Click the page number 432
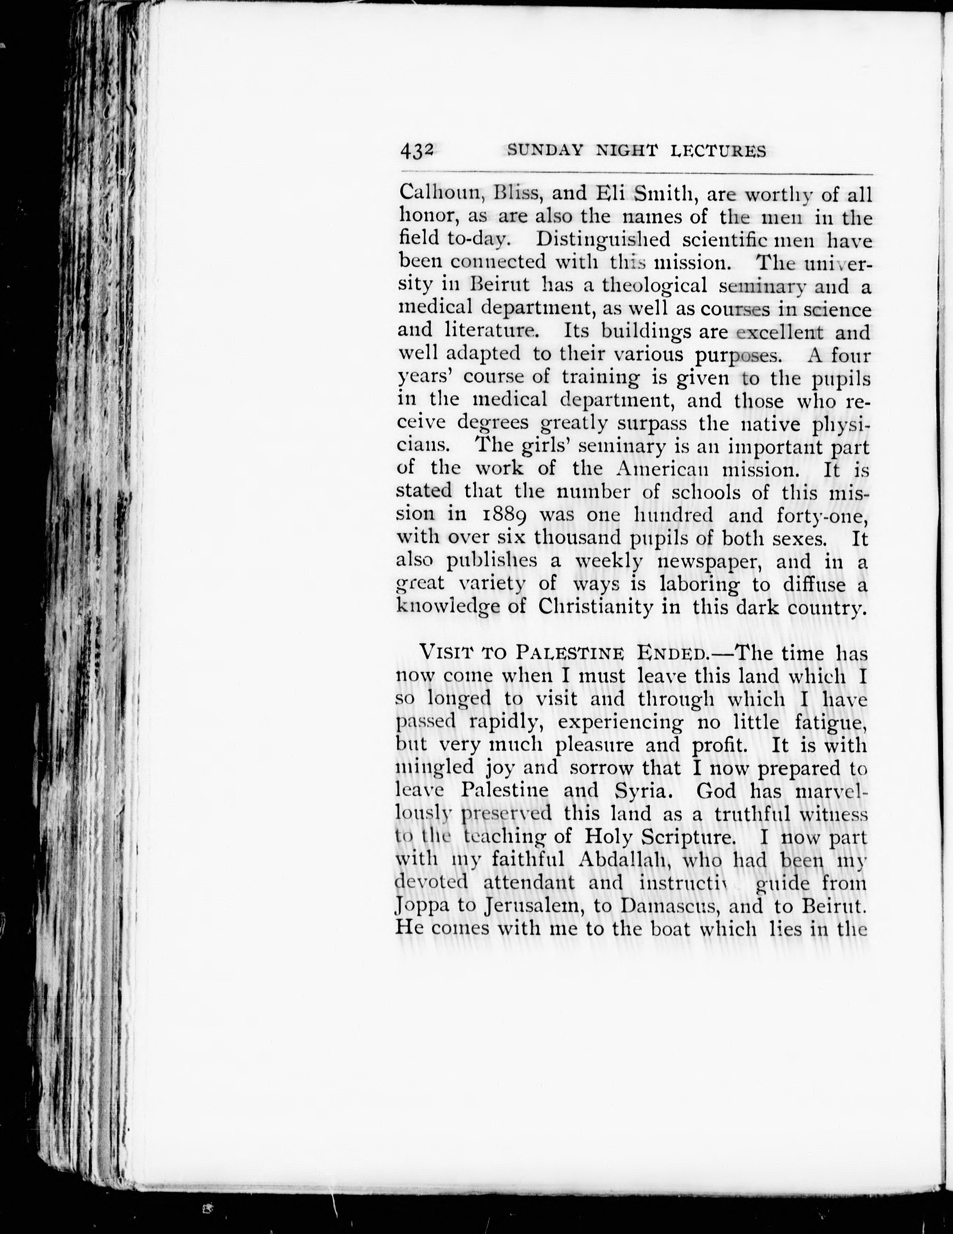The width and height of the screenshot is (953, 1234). [x=417, y=151]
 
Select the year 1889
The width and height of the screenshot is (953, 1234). [x=505, y=515]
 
